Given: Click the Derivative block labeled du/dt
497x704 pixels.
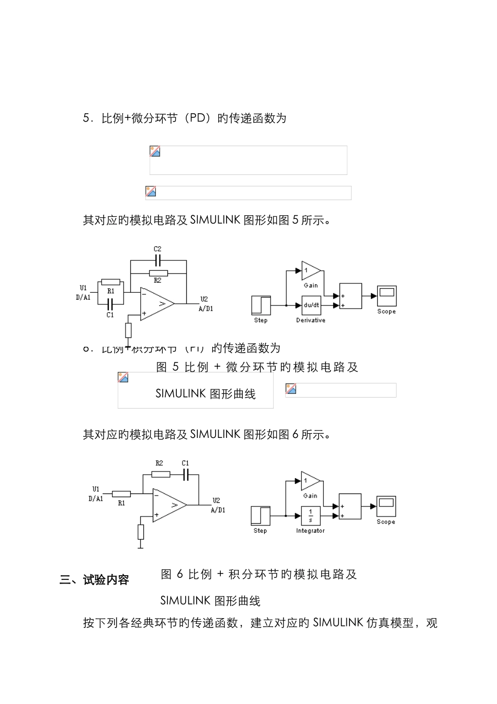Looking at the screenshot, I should pyautogui.click(x=311, y=305).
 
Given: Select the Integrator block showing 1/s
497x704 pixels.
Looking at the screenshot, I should pyautogui.click(x=311, y=515).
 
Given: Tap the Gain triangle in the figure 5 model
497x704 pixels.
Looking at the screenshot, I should pyautogui.click(x=310, y=271).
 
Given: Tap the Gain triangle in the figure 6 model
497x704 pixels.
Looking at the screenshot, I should pyautogui.click(x=310, y=481).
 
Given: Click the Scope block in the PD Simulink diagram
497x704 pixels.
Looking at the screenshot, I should pyautogui.click(x=387, y=296).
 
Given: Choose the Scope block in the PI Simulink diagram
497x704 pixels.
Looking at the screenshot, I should pyautogui.click(x=386, y=506).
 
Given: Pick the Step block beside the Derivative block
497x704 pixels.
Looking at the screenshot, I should pyautogui.click(x=261, y=305).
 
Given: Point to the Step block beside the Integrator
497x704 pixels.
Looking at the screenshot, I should pyautogui.click(x=261, y=515).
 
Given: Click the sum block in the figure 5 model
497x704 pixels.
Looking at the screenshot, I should pyautogui.click(x=350, y=296).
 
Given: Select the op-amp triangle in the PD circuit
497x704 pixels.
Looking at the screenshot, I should pyautogui.click(x=156, y=303).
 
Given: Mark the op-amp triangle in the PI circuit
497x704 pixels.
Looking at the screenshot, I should pyautogui.click(x=169, y=505).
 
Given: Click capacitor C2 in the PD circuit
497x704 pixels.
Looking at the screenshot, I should pyautogui.click(x=157, y=260).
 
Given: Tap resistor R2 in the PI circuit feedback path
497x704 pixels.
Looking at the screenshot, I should pyautogui.click(x=160, y=474).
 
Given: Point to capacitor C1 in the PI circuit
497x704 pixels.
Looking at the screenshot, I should pyautogui.click(x=185, y=474).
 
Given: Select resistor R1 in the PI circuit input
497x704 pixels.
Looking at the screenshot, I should pyautogui.click(x=121, y=493).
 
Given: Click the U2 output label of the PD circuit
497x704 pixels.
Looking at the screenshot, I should pyautogui.click(x=204, y=300).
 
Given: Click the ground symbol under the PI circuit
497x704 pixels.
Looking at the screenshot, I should pyautogui.click(x=141, y=546).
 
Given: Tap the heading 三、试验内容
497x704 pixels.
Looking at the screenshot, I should pyautogui.click(x=95, y=580).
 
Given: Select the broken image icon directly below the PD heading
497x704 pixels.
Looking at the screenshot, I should pyautogui.click(x=155, y=151).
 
